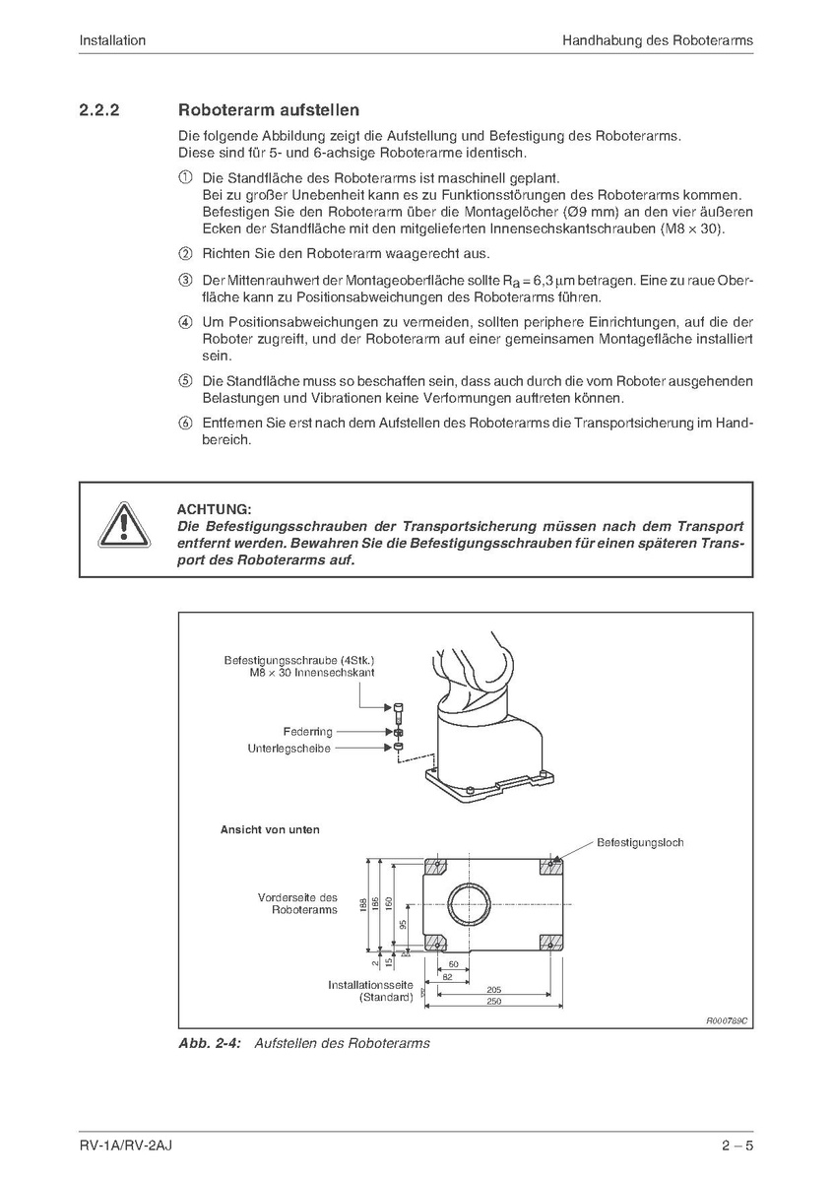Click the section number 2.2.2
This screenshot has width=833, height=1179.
tap(99, 110)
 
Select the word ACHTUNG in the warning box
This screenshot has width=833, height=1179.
tap(214, 509)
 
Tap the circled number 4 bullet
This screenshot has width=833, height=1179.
tap(184, 322)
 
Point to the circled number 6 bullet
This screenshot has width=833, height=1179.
tap(184, 423)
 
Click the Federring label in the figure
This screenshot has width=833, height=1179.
tap(307, 732)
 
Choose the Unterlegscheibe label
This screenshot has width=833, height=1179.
tap(289, 749)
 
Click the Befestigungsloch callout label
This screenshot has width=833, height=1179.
tap(640, 842)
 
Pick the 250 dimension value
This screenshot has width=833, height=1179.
tap(493, 1002)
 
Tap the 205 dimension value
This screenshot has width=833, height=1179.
tap(493, 988)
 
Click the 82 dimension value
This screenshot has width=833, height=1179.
tap(448, 976)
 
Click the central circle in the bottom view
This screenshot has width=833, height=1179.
tap(470, 903)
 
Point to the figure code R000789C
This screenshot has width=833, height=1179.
tap(727, 1021)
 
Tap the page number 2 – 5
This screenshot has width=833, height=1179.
tap(737, 1146)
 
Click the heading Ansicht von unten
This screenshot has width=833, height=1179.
tap(270, 829)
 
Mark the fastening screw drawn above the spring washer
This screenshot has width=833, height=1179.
tap(397, 710)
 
